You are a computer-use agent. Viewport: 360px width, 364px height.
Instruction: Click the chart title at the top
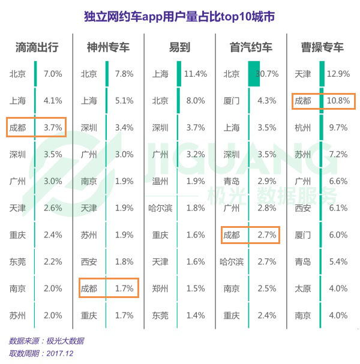(x=179, y=16)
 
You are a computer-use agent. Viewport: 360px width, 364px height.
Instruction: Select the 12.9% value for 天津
(x=339, y=74)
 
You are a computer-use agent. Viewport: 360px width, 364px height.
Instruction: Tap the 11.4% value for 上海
(x=196, y=74)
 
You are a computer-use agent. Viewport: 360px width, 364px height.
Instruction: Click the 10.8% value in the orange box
(x=339, y=101)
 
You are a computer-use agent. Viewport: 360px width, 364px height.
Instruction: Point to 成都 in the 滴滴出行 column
(x=17, y=128)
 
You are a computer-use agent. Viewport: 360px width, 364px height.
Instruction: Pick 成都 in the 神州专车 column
(x=89, y=288)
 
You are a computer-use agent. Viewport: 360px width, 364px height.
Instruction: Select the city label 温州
(x=160, y=181)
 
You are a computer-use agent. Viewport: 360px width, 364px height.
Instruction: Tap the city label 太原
(x=303, y=288)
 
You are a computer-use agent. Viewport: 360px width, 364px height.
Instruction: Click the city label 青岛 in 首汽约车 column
(x=232, y=181)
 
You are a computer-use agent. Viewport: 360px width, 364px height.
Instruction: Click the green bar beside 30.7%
(x=253, y=74)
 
